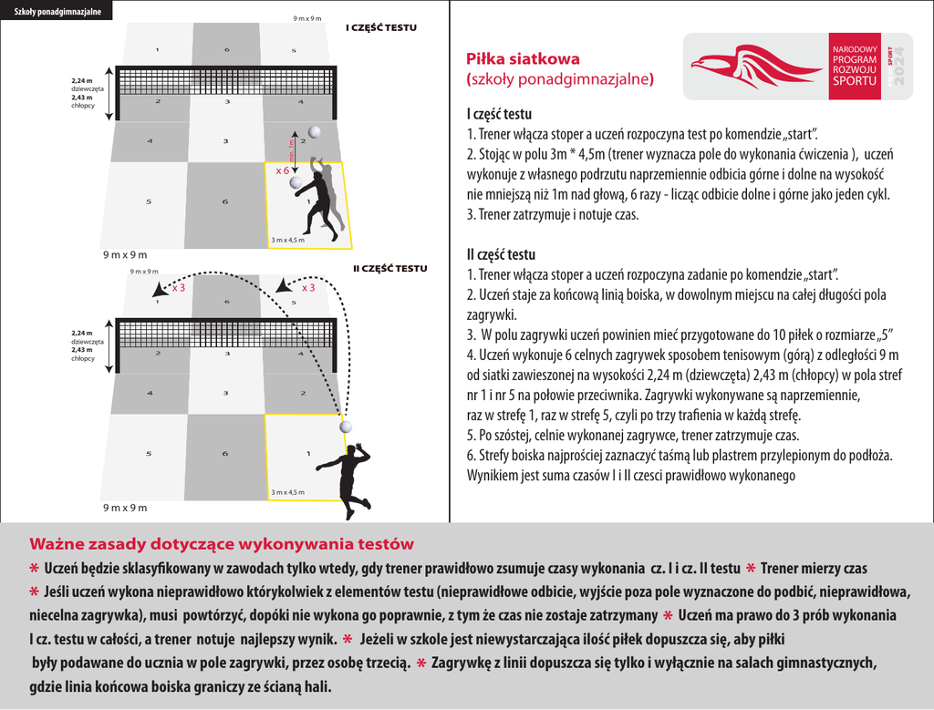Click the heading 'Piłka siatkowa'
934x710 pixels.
[517, 60]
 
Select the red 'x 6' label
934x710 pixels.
[283, 170]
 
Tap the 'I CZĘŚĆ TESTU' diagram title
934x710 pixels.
[380, 27]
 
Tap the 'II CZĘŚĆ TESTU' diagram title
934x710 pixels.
[389, 268]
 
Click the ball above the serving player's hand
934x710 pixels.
[347, 427]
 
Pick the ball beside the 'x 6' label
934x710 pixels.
[296, 182]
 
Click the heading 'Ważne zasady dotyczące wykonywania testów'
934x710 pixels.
[222, 544]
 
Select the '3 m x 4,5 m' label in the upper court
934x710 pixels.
[288, 240]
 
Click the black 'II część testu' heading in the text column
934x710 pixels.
[501, 254]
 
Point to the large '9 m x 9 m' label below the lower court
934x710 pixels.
[124, 507]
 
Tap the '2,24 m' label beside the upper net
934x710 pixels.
[82, 81]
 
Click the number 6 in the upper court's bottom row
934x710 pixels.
[225, 201]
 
